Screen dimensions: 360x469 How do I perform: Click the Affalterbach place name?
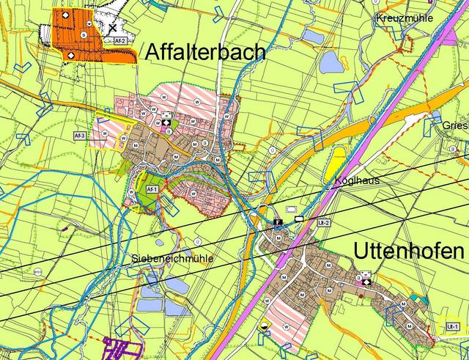point(205,52)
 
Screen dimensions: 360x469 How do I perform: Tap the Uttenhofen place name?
point(409,251)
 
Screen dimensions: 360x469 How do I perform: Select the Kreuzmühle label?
point(405,18)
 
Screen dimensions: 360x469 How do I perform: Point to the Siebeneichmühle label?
point(172,258)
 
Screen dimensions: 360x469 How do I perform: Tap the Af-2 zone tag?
point(121,41)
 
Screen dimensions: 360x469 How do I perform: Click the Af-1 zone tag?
point(152,189)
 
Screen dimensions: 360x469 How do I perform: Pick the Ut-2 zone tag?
point(324,222)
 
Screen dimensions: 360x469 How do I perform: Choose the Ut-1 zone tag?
point(452,326)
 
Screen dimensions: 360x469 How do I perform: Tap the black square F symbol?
point(278,220)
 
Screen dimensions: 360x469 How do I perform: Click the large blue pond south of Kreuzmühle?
point(331,63)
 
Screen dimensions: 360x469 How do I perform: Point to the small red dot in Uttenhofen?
point(361,296)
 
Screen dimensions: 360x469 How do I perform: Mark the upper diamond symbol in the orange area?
point(64,15)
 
